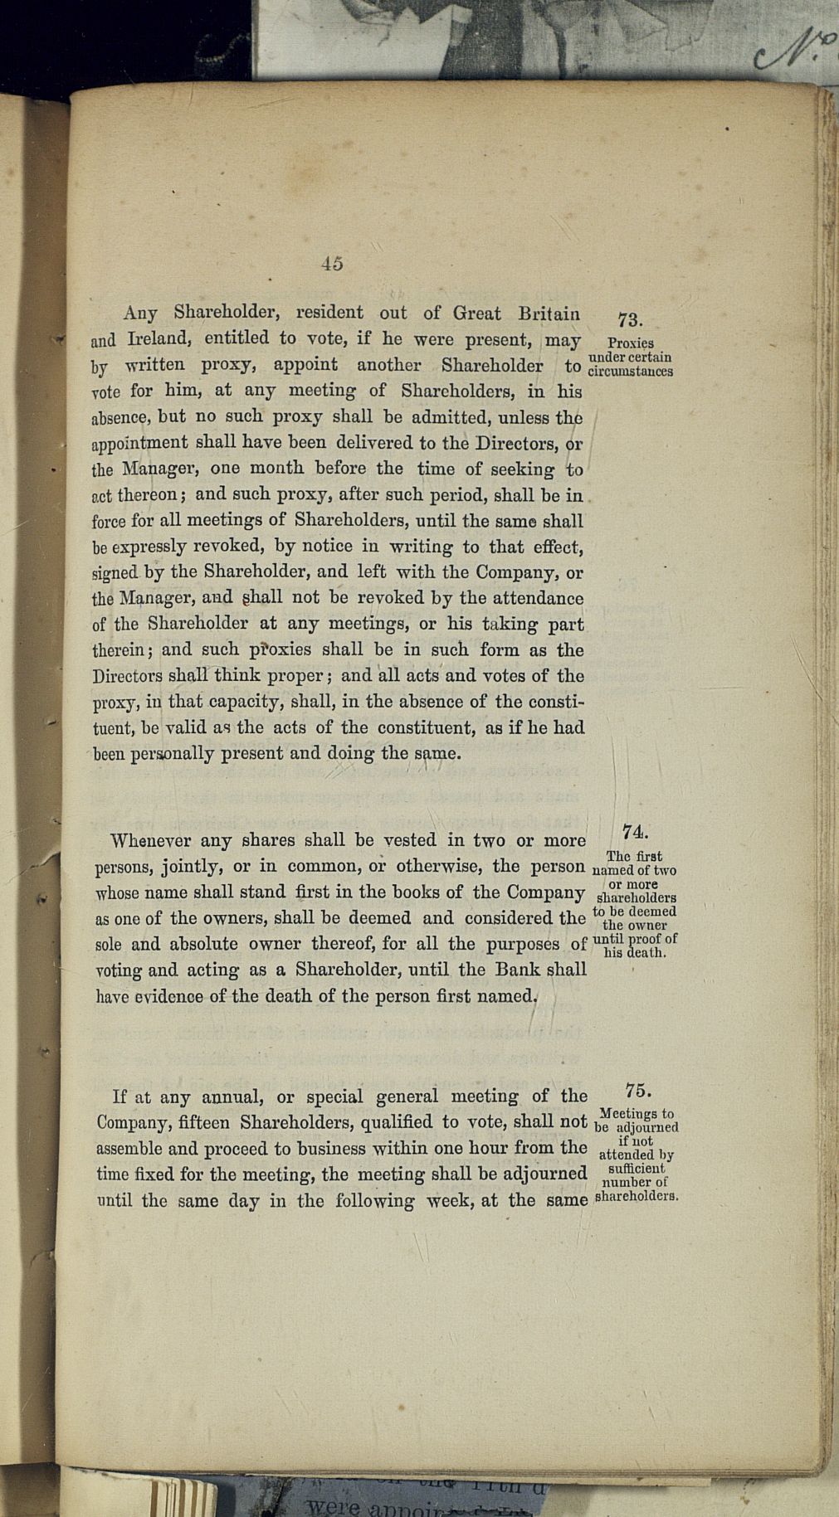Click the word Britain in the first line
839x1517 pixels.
pyautogui.click(x=549, y=314)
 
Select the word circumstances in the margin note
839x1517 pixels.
pyautogui.click(x=630, y=372)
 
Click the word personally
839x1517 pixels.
pyautogui.click(x=172, y=755)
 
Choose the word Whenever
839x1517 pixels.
pyautogui.click(x=150, y=840)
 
